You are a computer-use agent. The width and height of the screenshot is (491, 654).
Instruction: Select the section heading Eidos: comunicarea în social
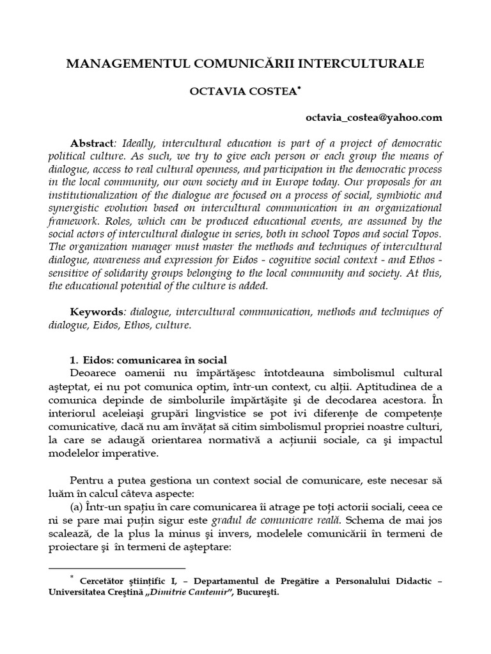tap(153, 360)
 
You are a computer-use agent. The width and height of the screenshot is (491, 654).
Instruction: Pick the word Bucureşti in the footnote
tap(258, 592)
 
